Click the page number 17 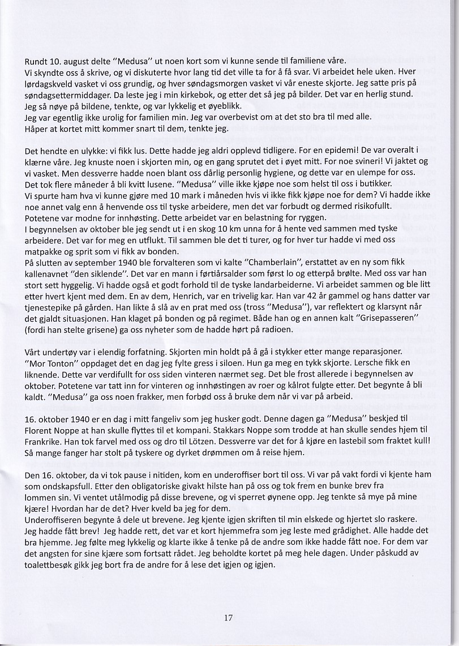click(228, 618)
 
